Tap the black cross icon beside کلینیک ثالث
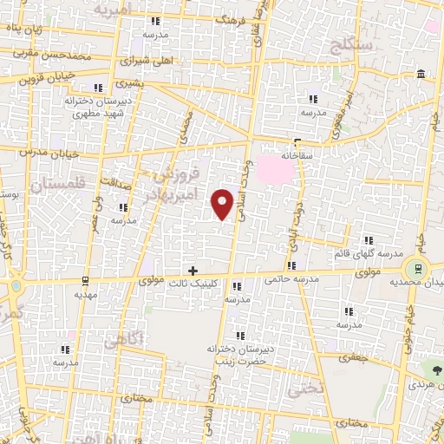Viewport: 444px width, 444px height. [193, 271]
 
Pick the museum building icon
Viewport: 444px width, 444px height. [420, 73]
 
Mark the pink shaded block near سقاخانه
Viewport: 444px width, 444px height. [278, 168]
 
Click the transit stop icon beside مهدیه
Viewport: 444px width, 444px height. [84, 280]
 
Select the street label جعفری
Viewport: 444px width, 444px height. [355, 356]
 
